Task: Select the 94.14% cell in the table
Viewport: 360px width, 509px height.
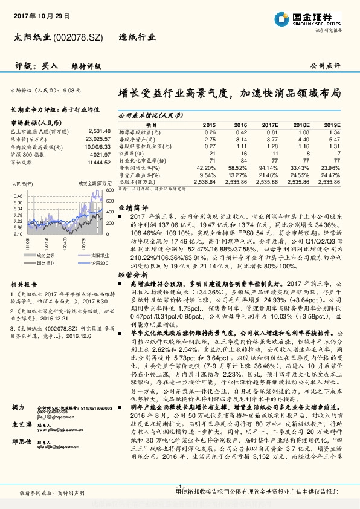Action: tap(268, 167)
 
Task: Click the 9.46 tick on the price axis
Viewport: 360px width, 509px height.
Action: tap(18, 196)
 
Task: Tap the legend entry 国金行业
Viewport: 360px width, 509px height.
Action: tap(47, 263)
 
